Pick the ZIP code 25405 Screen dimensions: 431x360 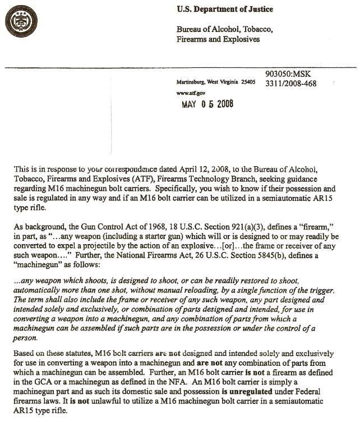point(247,82)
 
